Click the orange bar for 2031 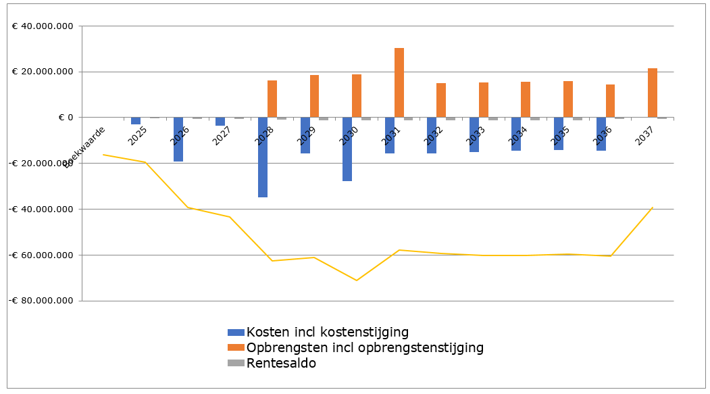coord(399,82)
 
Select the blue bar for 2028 coord(263,157)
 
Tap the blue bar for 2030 coord(347,149)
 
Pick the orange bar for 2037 coord(653,93)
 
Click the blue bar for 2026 coord(178,139)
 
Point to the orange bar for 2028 coord(272,99)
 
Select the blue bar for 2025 coord(136,121)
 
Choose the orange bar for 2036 coord(610,101)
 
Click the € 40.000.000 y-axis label coord(43,26)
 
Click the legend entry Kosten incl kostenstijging coord(327,332)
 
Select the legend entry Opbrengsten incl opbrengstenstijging coord(365,347)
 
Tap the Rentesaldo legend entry coord(281,363)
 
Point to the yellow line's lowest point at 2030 coord(356,280)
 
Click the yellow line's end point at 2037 coord(653,207)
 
